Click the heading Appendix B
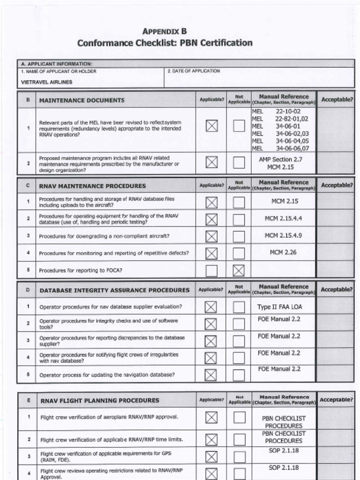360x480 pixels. click(x=165, y=31)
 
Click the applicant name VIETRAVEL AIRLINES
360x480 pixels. click(x=47, y=82)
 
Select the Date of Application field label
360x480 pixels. click(x=194, y=71)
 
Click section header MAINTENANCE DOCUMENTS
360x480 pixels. click(x=82, y=100)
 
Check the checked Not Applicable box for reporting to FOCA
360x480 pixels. click(x=239, y=270)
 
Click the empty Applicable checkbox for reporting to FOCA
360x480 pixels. click(x=211, y=270)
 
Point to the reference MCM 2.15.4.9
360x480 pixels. click(x=284, y=235)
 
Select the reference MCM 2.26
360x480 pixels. click(x=284, y=252)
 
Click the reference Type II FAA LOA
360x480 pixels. click(x=280, y=307)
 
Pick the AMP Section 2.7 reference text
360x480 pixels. click(x=280, y=159)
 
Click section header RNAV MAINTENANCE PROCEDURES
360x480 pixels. click(x=92, y=186)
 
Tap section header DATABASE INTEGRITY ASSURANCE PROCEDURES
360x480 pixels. click(x=114, y=290)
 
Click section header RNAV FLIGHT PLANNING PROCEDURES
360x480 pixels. click(x=100, y=400)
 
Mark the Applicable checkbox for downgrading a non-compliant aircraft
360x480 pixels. click(x=211, y=236)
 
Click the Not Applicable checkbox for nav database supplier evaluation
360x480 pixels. click(x=239, y=307)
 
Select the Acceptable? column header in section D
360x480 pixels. click(x=336, y=290)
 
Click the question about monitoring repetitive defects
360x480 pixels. click(x=114, y=253)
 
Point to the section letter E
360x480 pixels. click(x=29, y=400)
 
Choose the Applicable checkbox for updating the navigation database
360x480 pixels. click(x=211, y=375)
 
